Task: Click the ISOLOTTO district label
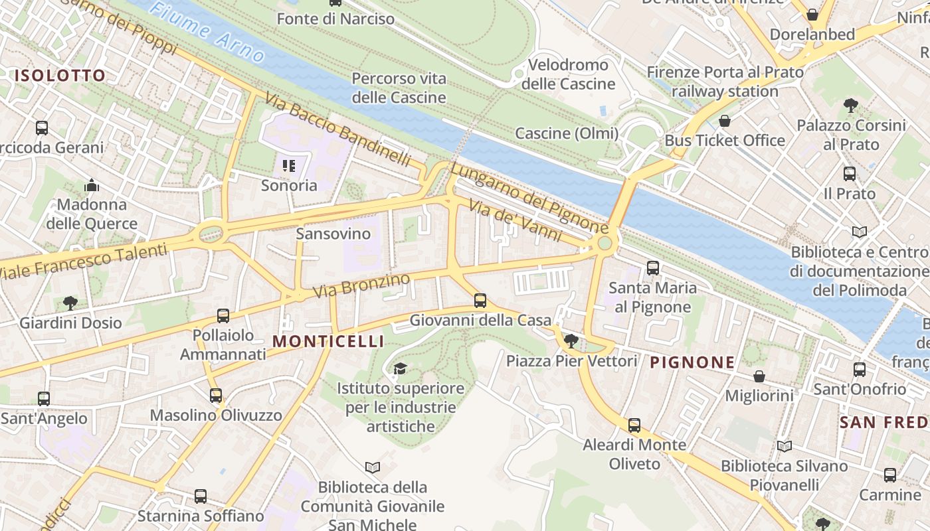click(60, 76)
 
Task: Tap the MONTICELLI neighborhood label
click(328, 341)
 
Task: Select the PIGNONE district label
click(692, 362)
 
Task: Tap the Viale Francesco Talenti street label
click(83, 262)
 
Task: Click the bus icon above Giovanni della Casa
click(480, 301)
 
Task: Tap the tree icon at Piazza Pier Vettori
click(570, 342)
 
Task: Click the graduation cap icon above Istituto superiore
click(400, 368)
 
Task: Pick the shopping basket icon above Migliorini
click(759, 376)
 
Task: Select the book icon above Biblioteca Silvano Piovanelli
click(785, 446)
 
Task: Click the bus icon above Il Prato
click(850, 174)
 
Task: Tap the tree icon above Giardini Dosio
click(70, 303)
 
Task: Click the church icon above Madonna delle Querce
click(92, 185)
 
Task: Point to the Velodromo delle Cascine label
click(568, 74)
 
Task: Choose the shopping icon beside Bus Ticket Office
click(725, 121)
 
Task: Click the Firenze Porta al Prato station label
click(725, 81)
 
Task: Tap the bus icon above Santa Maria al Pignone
click(653, 268)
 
